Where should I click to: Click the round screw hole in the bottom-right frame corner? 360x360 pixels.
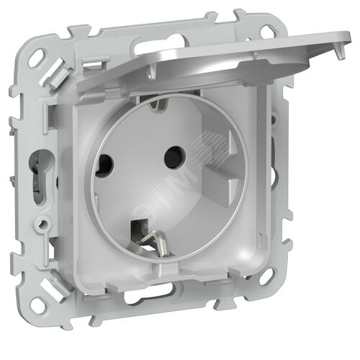266,275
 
